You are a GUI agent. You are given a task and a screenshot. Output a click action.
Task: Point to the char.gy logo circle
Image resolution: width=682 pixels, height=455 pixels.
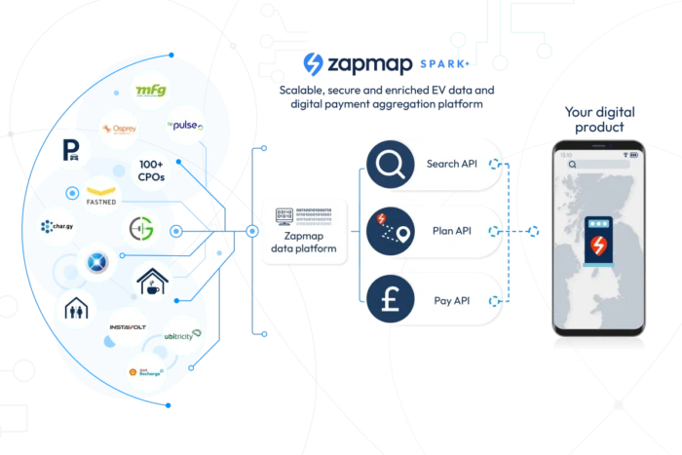click(58, 228)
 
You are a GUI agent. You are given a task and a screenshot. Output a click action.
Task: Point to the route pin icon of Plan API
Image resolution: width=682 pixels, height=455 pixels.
click(391, 232)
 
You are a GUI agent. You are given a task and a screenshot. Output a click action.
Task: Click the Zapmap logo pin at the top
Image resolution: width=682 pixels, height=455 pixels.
click(314, 63)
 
